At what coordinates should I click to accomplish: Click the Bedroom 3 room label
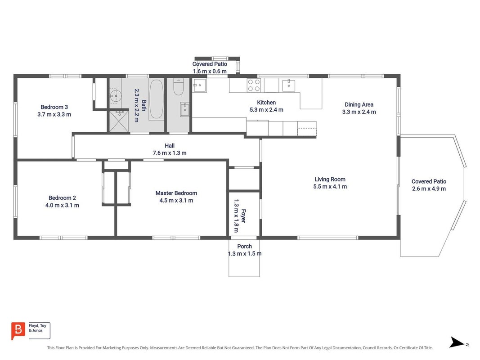(54, 107)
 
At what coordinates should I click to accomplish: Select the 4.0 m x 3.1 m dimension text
(62, 205)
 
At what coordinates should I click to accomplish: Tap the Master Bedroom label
(176, 193)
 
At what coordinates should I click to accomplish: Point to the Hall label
(170, 146)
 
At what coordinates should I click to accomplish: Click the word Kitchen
(266, 103)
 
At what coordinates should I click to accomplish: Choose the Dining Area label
(359, 105)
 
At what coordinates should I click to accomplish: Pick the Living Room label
(330, 180)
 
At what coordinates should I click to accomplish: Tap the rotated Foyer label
(243, 216)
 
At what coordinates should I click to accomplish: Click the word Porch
(245, 247)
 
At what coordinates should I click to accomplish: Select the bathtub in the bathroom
(157, 99)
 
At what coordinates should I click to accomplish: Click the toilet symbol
(178, 87)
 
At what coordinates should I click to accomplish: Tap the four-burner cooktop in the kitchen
(254, 85)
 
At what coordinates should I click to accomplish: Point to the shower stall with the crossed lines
(119, 121)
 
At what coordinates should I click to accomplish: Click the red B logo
(18, 331)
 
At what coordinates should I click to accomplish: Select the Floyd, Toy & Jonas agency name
(38, 328)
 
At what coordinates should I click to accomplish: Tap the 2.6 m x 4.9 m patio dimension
(429, 189)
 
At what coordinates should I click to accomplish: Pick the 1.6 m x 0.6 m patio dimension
(210, 72)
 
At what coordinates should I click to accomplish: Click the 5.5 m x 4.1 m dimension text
(330, 187)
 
